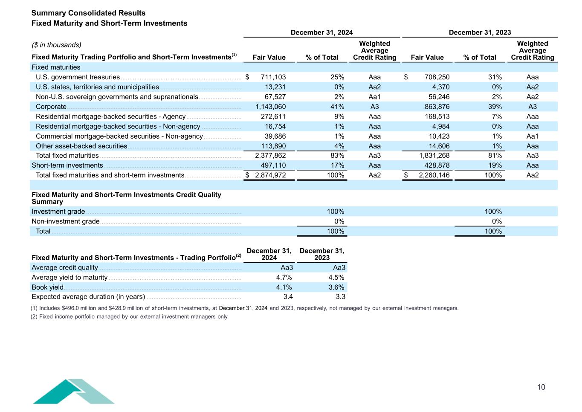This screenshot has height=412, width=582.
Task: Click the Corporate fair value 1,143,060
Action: [270, 107]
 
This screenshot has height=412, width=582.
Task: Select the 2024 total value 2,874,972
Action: [270, 175]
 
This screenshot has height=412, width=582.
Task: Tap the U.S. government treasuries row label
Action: [78, 77]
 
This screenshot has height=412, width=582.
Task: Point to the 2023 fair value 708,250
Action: [437, 77]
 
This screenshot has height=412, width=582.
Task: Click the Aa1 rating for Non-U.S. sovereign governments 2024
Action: [374, 97]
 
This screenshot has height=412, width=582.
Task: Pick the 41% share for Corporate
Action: [337, 107]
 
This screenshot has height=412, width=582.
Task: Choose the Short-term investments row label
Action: [67, 165]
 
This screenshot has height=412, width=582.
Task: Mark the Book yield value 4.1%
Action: [284, 287]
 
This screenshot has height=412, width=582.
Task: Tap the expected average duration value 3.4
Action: [288, 296]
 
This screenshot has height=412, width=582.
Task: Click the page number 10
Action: [541, 387]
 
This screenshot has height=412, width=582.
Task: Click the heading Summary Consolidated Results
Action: [88, 13]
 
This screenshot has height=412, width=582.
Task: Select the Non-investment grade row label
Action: [66, 221]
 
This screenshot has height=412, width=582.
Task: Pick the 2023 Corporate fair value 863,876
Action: [437, 107]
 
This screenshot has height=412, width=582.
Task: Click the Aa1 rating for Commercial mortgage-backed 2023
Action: [532, 136]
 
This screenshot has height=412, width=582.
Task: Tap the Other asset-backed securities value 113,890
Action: [273, 146]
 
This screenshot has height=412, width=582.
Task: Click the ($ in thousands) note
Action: [57, 45]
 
